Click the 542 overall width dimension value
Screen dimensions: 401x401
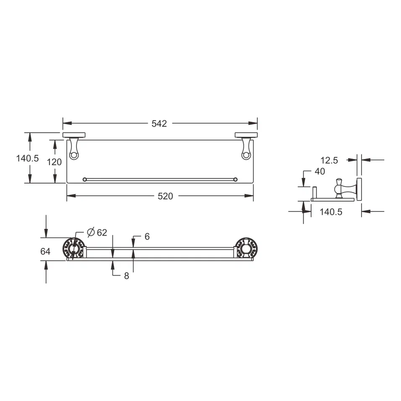coord(159,124)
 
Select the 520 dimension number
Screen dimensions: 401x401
coord(165,196)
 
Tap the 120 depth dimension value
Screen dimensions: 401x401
coord(54,162)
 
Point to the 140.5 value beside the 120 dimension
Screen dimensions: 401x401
coord(27,159)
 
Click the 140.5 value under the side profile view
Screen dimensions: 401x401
coord(331,212)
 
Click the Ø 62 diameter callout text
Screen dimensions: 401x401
coord(97,232)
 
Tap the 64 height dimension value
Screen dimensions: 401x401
coord(45,251)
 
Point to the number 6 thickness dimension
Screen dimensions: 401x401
coord(147,237)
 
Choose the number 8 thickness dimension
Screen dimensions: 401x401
coord(126,276)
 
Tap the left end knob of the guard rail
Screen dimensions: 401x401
coord(85,180)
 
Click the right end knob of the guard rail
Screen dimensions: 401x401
coord(235,180)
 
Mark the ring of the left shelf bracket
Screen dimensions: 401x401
coord(74,156)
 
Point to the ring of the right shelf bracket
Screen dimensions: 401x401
coord(245,156)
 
